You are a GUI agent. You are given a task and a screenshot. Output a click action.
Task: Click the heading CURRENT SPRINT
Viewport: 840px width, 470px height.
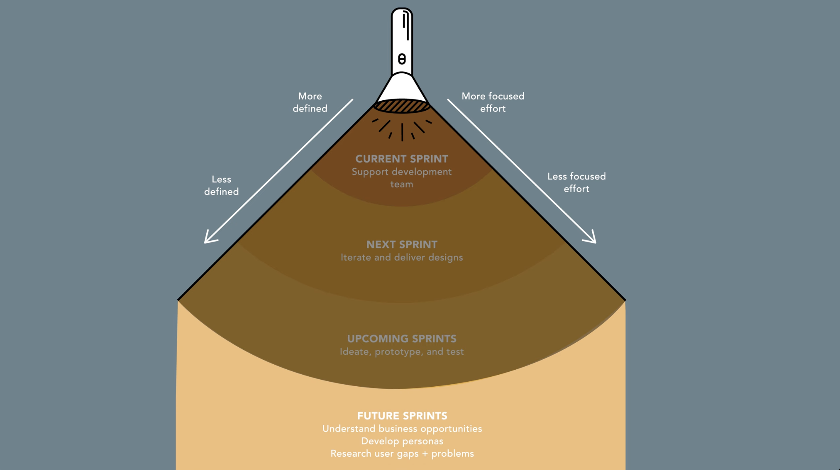tap(401, 159)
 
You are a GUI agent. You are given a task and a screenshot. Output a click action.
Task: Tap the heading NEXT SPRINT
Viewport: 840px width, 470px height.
tap(401, 245)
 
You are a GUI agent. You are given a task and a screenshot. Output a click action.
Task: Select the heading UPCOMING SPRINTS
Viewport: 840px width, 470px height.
tap(401, 339)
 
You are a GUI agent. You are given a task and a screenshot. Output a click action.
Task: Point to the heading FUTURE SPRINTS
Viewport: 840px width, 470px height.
tap(402, 416)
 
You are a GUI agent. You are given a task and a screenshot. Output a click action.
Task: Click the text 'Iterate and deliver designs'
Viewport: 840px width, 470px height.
tap(401, 257)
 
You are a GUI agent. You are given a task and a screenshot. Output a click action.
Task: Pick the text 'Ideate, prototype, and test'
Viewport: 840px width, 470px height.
tap(401, 351)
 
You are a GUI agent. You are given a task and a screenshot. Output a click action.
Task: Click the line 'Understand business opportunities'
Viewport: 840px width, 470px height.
tap(402, 429)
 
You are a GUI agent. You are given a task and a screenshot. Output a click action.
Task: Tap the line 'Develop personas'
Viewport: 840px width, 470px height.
tap(402, 441)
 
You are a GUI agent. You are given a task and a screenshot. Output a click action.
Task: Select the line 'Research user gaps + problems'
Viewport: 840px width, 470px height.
tap(402, 453)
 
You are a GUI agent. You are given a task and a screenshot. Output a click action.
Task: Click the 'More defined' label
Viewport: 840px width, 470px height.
tap(310, 102)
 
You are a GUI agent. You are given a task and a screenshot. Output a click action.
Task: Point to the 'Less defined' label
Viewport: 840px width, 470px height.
tap(221, 185)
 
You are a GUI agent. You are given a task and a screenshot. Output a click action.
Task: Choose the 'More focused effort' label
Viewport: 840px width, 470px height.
tap(493, 102)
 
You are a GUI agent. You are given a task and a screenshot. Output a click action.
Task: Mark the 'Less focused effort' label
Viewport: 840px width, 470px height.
tap(576, 182)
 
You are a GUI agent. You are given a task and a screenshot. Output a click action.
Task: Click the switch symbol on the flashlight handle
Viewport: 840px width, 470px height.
tap(401, 59)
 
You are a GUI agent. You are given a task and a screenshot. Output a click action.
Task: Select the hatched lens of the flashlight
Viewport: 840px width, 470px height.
tap(401, 106)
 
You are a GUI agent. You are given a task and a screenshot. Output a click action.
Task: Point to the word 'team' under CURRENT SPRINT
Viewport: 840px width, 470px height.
tap(401, 184)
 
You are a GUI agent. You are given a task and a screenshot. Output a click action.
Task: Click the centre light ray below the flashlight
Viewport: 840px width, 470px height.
tap(402, 132)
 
